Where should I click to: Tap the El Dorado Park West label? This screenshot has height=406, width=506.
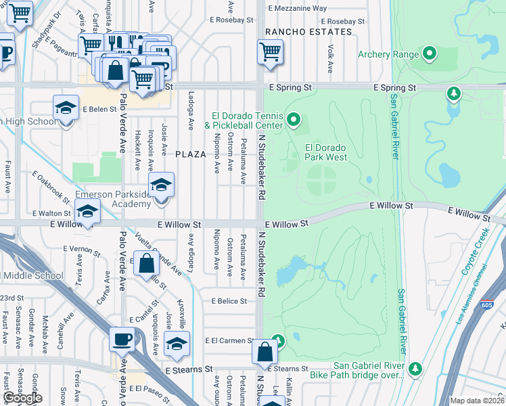[x=326, y=152]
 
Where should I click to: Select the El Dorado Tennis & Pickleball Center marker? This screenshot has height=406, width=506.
[x=293, y=120]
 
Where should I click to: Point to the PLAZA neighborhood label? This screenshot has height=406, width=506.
[x=190, y=154]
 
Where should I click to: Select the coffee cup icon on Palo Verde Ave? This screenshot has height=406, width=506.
[x=122, y=339]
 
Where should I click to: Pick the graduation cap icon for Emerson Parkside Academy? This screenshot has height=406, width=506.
[x=162, y=185]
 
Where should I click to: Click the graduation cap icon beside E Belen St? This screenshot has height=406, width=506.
[x=66, y=108]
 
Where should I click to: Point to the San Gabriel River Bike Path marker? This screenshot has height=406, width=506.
[x=416, y=369]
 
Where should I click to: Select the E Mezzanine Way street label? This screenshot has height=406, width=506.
[x=297, y=8]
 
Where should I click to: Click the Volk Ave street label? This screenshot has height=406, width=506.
[x=330, y=59]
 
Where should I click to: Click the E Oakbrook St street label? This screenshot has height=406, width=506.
[x=51, y=186]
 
